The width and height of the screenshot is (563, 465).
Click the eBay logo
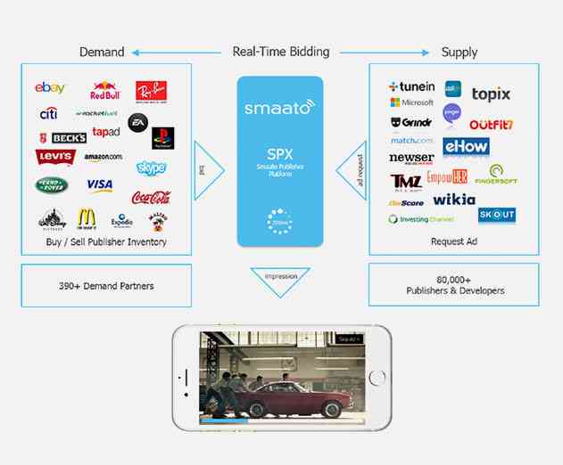[50, 88]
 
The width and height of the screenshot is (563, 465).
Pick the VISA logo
[99, 185]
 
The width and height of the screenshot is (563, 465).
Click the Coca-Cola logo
[151, 197]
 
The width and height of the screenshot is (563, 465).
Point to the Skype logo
[151, 167]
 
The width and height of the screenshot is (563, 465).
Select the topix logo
[492, 94]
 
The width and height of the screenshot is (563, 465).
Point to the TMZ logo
[405, 182]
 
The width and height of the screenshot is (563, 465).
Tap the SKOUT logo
[496, 215]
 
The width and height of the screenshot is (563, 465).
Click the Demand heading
[102, 52]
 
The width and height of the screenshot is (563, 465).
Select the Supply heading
[460, 52]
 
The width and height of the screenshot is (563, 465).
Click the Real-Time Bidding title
[281, 52]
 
